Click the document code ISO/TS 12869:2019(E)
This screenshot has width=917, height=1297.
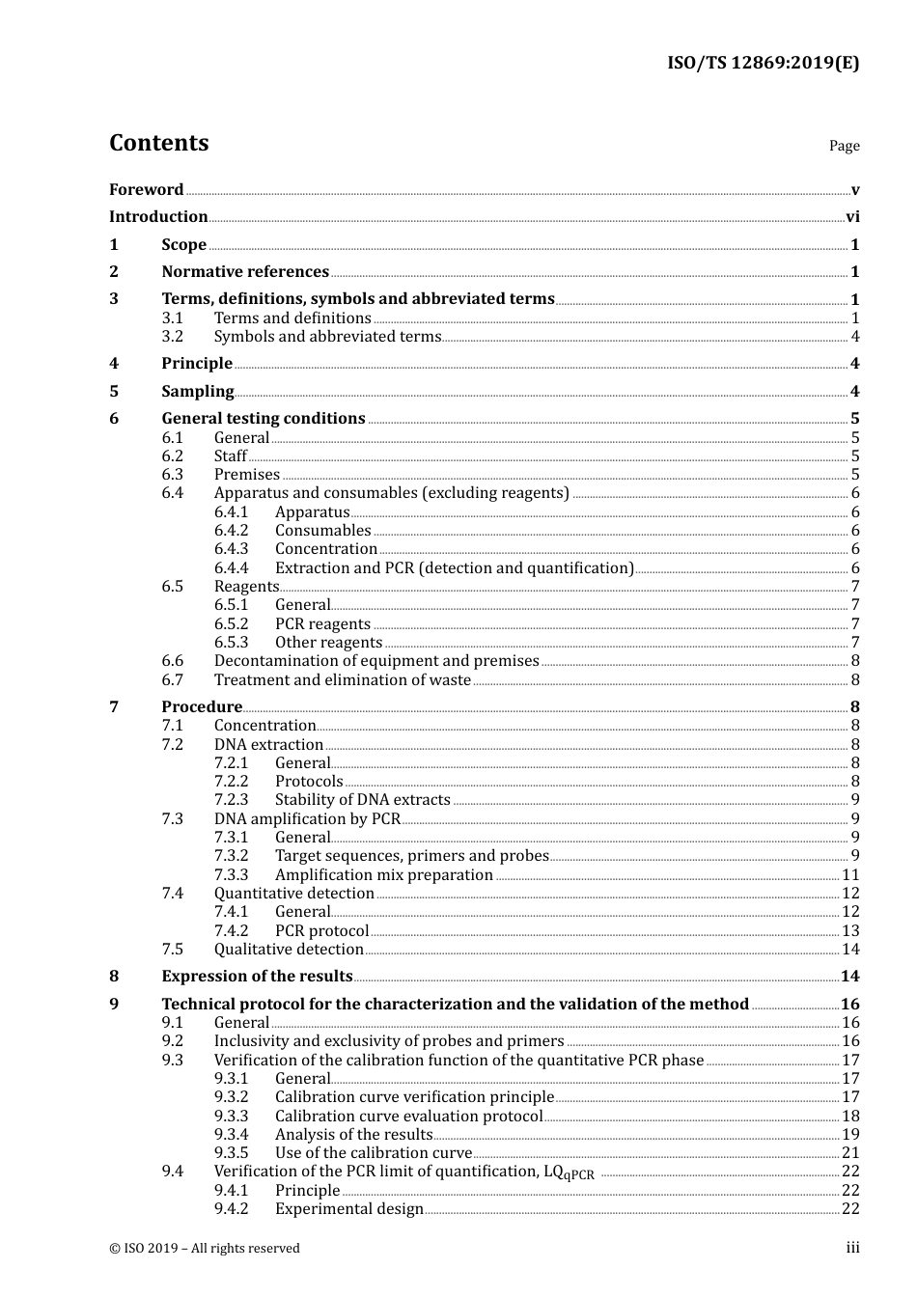pyautogui.click(x=763, y=64)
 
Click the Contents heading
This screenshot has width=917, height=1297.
pyautogui.click(x=158, y=143)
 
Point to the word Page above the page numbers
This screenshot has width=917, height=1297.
pyautogui.click(x=844, y=146)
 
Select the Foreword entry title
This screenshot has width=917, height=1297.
pyautogui.click(x=146, y=190)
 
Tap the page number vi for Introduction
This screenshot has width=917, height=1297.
pyautogui.click(x=852, y=217)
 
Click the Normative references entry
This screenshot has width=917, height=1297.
pyautogui.click(x=245, y=272)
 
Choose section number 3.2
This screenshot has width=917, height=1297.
pyautogui.click(x=172, y=337)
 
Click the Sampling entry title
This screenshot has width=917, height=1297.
pyautogui.click(x=197, y=392)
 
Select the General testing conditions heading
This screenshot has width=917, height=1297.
pyautogui.click(x=263, y=419)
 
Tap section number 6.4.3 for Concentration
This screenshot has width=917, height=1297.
pyautogui.click(x=231, y=549)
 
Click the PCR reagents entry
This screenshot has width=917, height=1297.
pyautogui.click(x=322, y=624)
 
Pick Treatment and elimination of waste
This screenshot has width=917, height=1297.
pyautogui.click(x=342, y=680)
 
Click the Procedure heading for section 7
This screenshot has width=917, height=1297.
pyautogui.click(x=201, y=707)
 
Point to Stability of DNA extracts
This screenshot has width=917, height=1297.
pyautogui.click(x=362, y=800)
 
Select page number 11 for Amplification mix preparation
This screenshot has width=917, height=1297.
pyautogui.click(x=850, y=875)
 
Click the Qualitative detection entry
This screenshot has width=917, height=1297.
pyautogui.click(x=288, y=950)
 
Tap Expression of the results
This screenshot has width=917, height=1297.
pyautogui.click(x=257, y=977)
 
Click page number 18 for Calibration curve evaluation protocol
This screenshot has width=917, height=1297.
pyautogui.click(x=850, y=1117)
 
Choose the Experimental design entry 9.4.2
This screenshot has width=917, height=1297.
pyautogui.click(x=348, y=1209)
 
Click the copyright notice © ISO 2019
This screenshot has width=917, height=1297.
pyautogui.click(x=204, y=1249)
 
